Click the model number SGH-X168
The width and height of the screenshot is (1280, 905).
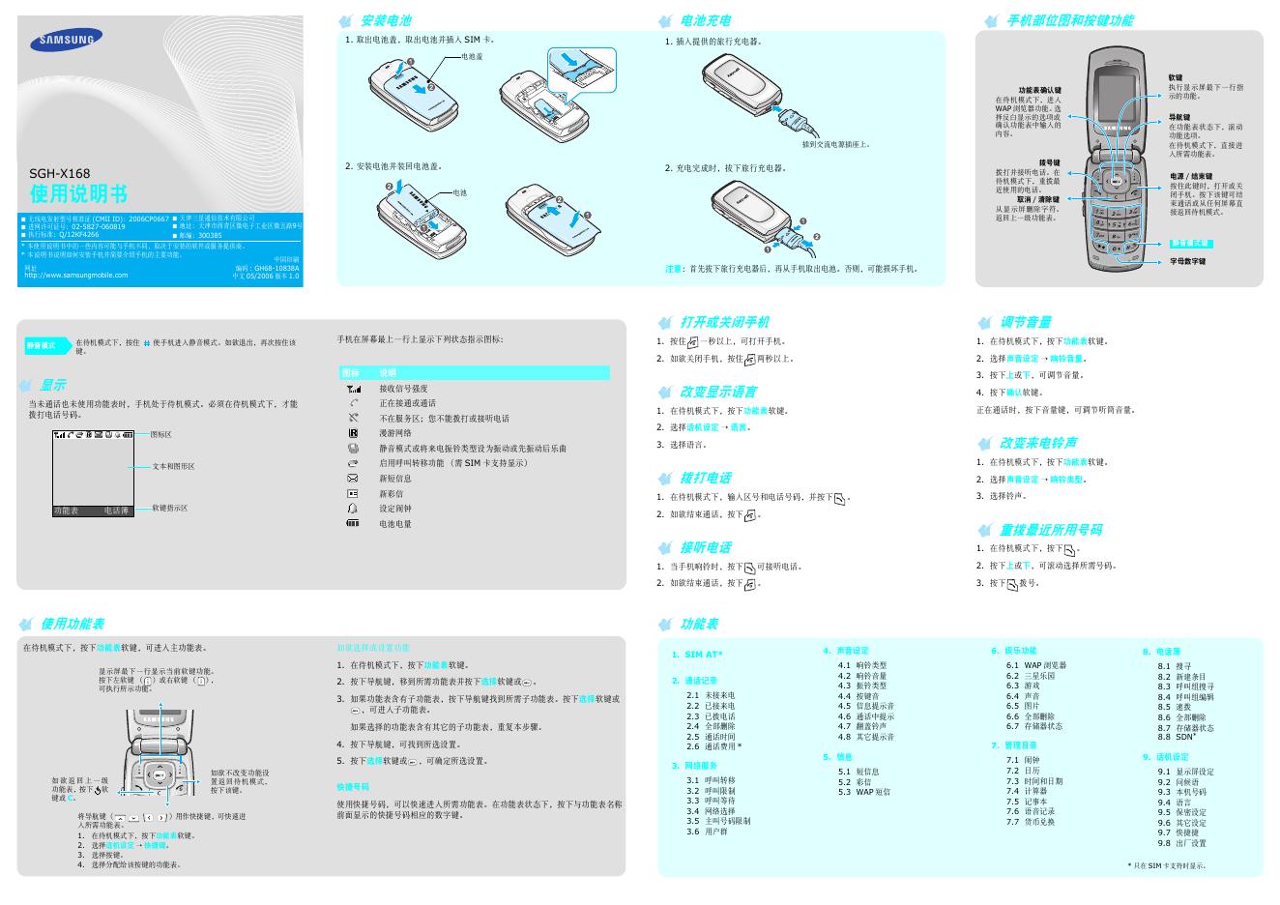pyautogui.click(x=60, y=174)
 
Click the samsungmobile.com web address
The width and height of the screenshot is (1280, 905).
pyautogui.click(x=75, y=275)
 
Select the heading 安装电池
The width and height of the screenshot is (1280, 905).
pyautogui.click(x=386, y=20)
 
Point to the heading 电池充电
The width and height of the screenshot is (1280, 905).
pyautogui.click(x=706, y=20)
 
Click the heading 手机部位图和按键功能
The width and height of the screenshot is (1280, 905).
pyautogui.click(x=1069, y=20)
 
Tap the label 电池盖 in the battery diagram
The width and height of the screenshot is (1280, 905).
pyautogui.click(x=472, y=58)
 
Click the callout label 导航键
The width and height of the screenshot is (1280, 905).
pyautogui.click(x=1178, y=117)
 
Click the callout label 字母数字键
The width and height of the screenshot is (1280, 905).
pyautogui.click(x=1188, y=261)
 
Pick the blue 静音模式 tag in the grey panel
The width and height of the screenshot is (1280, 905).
pyautogui.click(x=42, y=345)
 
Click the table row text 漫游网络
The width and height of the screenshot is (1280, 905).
pyautogui.click(x=395, y=433)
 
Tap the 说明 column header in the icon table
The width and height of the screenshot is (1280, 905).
pyautogui.click(x=388, y=372)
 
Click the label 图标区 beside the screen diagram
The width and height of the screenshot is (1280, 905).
pyautogui.click(x=161, y=435)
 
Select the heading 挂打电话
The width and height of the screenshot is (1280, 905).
pyautogui.click(x=706, y=478)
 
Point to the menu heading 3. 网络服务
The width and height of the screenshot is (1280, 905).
pyautogui.click(x=694, y=766)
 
